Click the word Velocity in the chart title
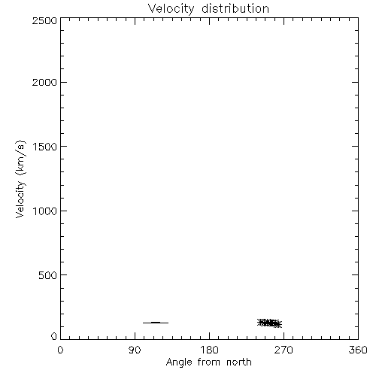tap(171, 9)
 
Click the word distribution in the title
tap(235, 8)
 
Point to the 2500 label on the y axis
tap(44, 20)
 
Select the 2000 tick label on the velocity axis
tap(44, 82)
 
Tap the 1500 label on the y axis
tap(45, 147)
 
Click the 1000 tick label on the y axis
tap(45, 211)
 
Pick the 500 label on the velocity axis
tap(48, 275)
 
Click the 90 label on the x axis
tap(135, 350)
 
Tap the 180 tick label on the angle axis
tap(209, 350)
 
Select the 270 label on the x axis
tap(284, 350)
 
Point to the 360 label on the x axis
tap(358, 350)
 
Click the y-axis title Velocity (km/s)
tap(20, 179)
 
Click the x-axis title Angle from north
tap(208, 362)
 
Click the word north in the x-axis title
tap(239, 362)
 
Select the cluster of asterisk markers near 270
tap(270, 323)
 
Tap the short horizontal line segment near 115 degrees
tap(156, 323)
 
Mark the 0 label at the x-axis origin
tap(60, 350)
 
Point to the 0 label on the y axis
tap(54, 336)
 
